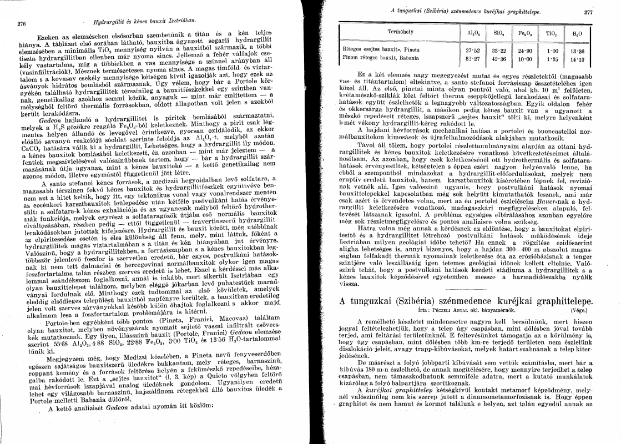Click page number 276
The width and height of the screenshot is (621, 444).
tap(22, 23)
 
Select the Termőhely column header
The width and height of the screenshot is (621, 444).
tap(397, 33)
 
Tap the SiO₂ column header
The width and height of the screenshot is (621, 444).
tap(498, 33)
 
